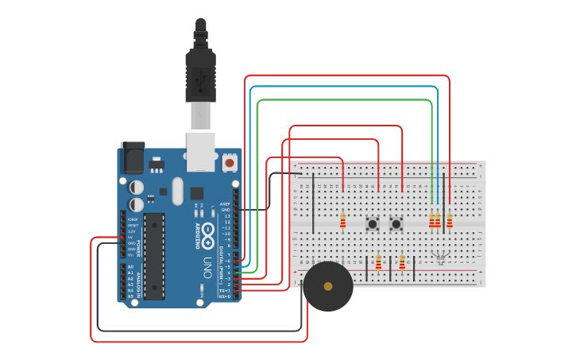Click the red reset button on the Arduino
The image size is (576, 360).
pos(230,162)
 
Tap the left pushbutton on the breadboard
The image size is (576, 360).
pos(372,224)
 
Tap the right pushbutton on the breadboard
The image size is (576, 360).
pos(396,224)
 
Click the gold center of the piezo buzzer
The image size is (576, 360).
pos(328,286)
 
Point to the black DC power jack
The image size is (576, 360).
pos(131,157)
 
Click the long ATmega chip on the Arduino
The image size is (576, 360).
pos(154,256)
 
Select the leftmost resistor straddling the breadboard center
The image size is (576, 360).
pos(342,220)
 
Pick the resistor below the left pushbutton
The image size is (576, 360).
pos(378,261)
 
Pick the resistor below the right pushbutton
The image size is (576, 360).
pos(402,261)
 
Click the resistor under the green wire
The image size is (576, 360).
pos(431,220)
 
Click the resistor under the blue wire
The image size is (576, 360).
pos(438,220)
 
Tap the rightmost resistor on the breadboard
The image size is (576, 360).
pos(450,220)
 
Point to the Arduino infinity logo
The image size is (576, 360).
pos(208,233)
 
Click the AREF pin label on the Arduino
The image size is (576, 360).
pos(226,203)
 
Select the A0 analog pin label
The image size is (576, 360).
pos(130,267)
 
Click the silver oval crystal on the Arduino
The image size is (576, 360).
pos(176,191)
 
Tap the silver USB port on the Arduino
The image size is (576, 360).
pos(200,151)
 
